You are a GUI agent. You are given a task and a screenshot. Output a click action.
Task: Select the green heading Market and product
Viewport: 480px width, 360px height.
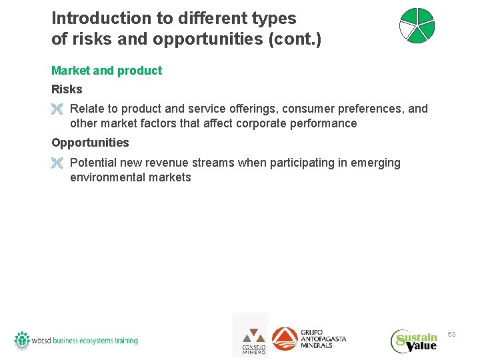pyautogui.click(x=107, y=71)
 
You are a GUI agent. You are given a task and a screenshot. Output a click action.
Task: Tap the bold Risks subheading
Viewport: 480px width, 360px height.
pyautogui.click(x=67, y=89)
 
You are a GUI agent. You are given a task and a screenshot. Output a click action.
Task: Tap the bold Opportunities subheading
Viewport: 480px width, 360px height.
pyautogui.click(x=90, y=143)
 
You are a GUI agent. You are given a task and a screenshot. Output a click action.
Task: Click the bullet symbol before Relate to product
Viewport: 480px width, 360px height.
pyautogui.click(x=57, y=109)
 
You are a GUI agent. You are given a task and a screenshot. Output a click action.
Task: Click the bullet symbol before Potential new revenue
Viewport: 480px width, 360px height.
pyautogui.click(x=57, y=163)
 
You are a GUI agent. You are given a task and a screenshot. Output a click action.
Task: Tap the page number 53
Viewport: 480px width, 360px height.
pyautogui.click(x=451, y=334)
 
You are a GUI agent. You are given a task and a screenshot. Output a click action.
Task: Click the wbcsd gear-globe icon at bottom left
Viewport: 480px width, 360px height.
pyautogui.click(x=22, y=340)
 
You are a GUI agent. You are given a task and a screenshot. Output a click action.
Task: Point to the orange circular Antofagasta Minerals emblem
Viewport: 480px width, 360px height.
pyautogui.click(x=285, y=339)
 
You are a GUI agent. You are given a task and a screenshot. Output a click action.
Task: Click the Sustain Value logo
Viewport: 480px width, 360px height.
pyautogui.click(x=414, y=341)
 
